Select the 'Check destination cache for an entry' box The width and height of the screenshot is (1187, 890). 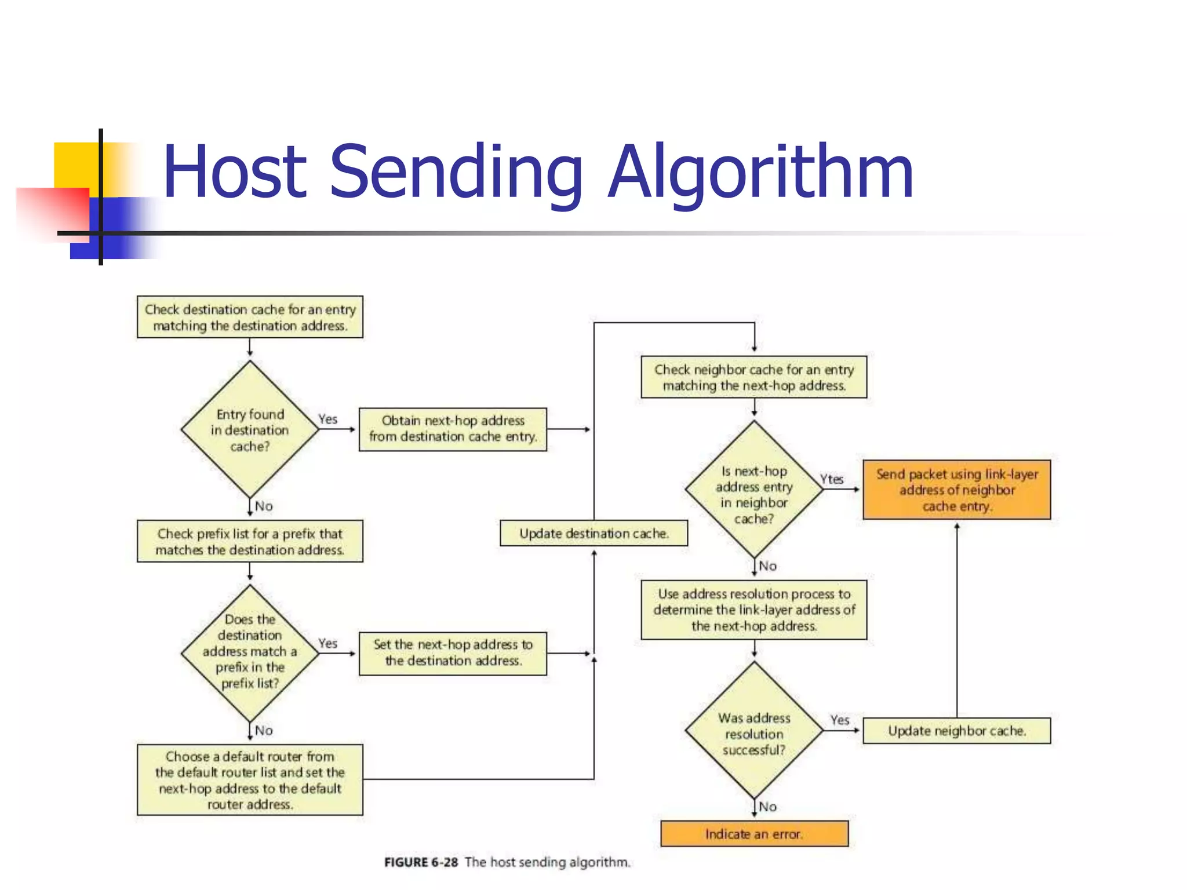point(250,317)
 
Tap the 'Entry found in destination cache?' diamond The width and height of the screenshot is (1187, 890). point(250,430)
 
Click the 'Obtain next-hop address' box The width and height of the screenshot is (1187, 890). point(453,429)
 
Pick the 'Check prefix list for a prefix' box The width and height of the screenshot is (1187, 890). point(250,541)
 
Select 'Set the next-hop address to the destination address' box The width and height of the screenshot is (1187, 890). point(453,653)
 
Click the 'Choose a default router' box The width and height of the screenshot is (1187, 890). point(250,780)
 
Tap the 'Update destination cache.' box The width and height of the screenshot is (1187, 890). point(593,533)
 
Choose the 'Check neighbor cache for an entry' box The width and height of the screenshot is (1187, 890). point(753,377)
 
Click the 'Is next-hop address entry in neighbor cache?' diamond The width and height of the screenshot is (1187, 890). point(753,490)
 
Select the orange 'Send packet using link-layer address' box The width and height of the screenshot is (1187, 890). point(956,490)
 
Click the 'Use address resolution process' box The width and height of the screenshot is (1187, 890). point(753,610)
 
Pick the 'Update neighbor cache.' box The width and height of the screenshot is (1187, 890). point(956,731)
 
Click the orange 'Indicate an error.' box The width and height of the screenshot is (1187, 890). point(753,834)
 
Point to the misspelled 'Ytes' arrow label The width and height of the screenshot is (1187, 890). point(831,479)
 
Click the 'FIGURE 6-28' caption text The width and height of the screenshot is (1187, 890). point(421,862)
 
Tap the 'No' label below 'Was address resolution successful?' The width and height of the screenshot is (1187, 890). point(767,807)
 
